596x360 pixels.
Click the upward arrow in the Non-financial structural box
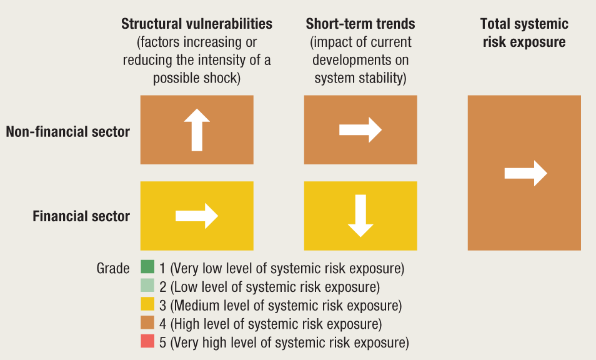(x=197, y=130)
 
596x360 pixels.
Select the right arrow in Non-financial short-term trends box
(x=360, y=130)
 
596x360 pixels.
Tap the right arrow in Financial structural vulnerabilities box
(x=197, y=216)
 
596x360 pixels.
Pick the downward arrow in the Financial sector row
(x=360, y=216)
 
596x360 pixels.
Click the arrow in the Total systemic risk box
(x=525, y=173)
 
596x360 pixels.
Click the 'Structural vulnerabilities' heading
(x=197, y=24)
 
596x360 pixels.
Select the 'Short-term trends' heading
(x=360, y=24)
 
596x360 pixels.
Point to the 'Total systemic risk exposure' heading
(x=524, y=32)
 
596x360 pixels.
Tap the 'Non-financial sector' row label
(x=67, y=131)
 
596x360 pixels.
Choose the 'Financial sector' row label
(x=81, y=216)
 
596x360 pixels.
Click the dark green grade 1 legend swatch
(x=147, y=266)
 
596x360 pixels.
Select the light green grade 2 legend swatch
(x=147, y=285)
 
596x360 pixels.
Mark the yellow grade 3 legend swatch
(x=147, y=304)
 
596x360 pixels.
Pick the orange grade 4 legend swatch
(x=147, y=322)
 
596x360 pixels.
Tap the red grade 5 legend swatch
(x=147, y=341)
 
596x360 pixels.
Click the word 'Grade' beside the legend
(x=113, y=268)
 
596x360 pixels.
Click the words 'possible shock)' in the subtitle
(x=197, y=78)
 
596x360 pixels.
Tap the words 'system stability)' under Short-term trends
(x=360, y=78)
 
